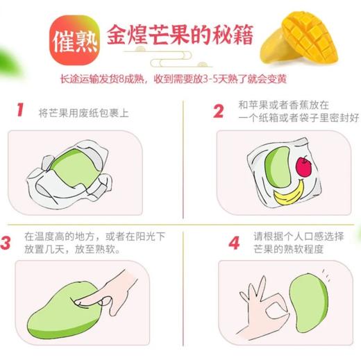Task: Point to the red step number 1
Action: click(20, 110)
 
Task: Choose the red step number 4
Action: click(234, 243)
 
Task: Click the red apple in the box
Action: click(303, 165)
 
